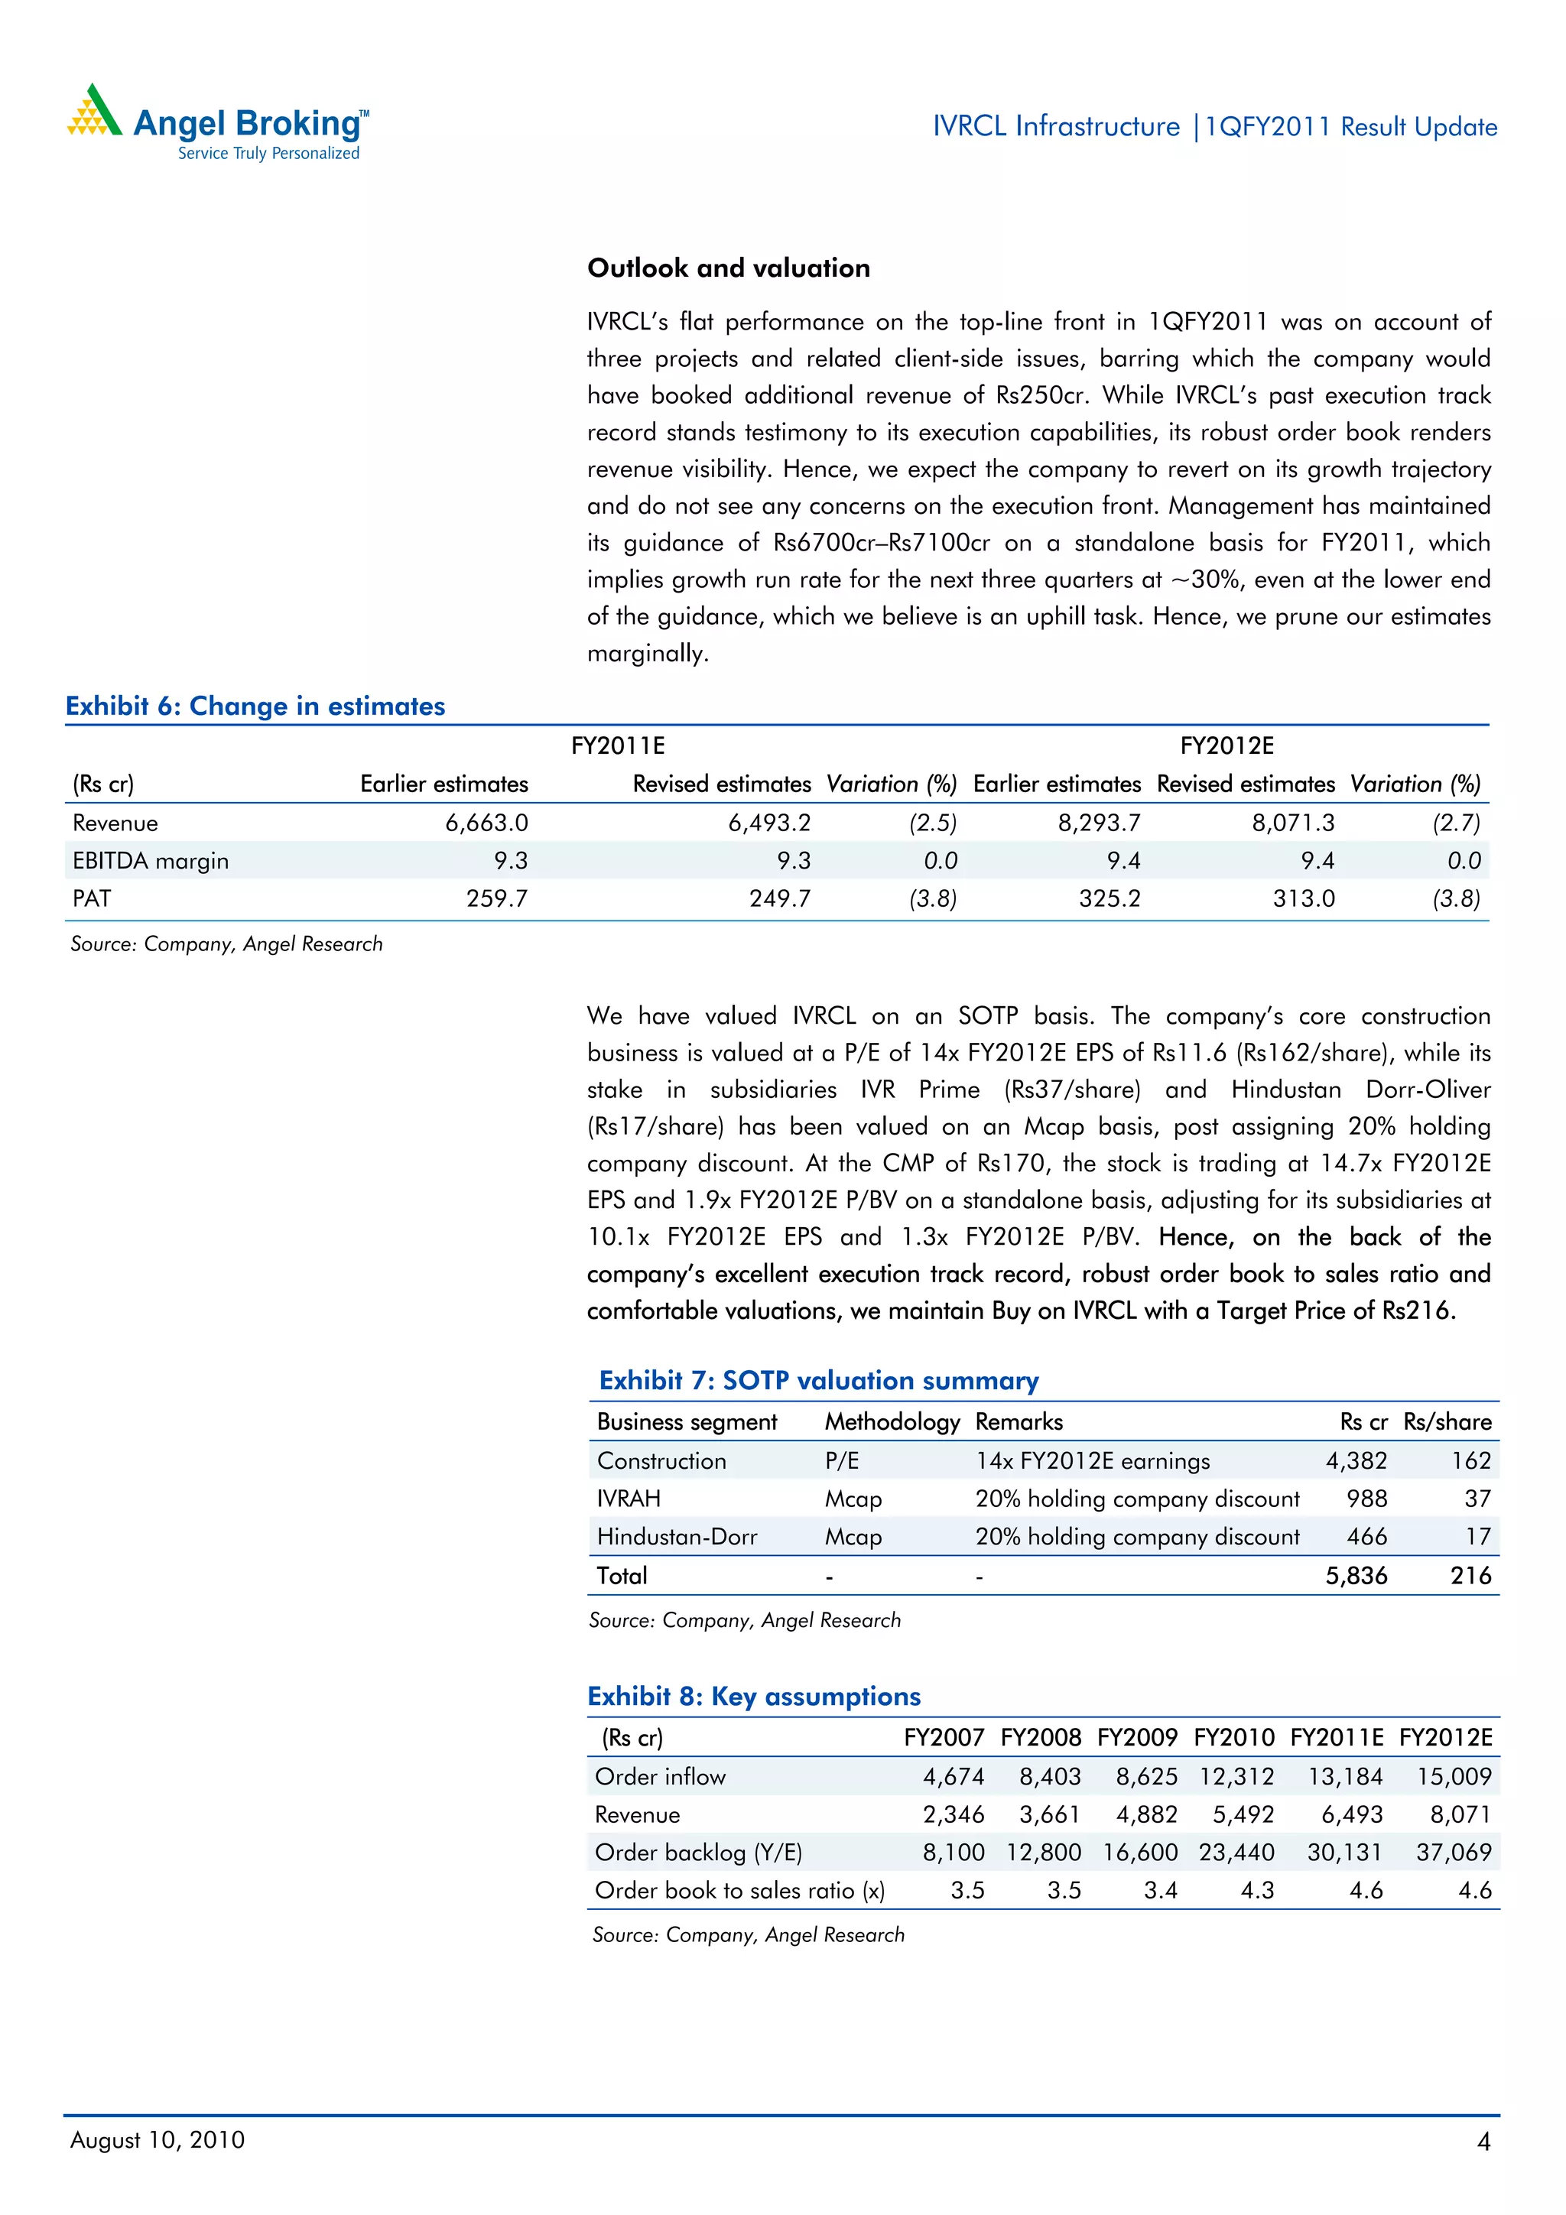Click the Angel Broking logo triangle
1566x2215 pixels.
tap(93, 112)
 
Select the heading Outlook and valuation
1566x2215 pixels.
tap(729, 268)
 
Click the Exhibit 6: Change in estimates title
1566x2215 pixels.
tap(255, 706)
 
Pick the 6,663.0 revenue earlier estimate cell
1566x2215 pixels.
tap(486, 823)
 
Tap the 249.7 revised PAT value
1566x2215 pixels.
tap(780, 898)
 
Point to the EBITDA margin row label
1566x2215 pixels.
tap(151, 860)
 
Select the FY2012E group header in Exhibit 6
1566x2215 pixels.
tap(1226, 745)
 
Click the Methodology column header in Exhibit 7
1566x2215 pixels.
tap(892, 1422)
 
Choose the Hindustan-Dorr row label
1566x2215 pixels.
tap(677, 1537)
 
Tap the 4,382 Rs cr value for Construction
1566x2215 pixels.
tap(1356, 1460)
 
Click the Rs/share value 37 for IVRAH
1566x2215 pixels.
tap(1477, 1499)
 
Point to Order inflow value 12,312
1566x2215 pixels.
tap(1236, 1776)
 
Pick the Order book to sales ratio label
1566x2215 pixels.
tap(739, 1890)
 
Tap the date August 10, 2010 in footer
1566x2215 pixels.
tap(158, 2140)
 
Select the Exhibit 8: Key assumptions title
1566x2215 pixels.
tap(754, 1696)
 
